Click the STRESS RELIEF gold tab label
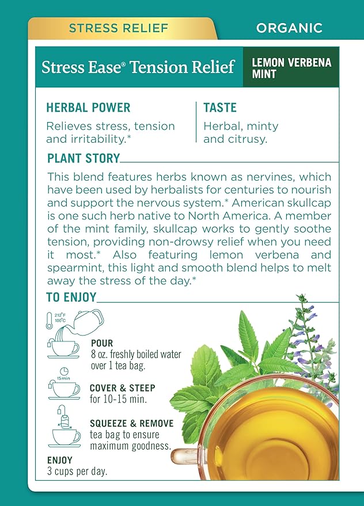click(119, 28)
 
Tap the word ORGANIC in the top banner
click(289, 28)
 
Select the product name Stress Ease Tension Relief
click(138, 67)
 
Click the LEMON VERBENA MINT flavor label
click(291, 68)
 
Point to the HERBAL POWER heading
click(88, 108)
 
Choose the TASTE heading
click(220, 108)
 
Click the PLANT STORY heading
click(84, 158)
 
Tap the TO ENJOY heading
click(71, 297)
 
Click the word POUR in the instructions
click(102, 343)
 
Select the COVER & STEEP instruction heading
click(123, 387)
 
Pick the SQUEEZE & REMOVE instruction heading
click(132, 423)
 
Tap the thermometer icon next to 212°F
click(49, 321)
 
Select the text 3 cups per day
click(77, 471)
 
